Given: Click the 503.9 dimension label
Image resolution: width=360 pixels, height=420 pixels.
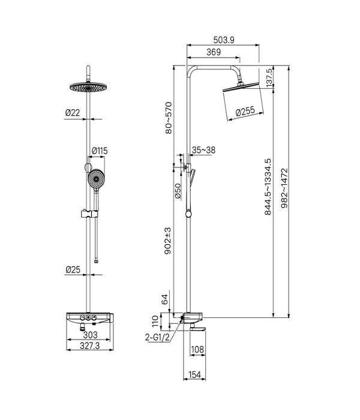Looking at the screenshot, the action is click(x=224, y=40).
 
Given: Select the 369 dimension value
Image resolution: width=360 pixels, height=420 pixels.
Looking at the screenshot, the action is click(x=214, y=52).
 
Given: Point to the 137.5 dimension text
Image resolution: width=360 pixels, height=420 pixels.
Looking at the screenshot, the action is click(x=269, y=77).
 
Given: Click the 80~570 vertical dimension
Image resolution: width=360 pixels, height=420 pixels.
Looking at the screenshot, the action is click(x=169, y=118).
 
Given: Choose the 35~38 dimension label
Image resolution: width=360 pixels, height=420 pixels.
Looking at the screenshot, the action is click(x=203, y=150).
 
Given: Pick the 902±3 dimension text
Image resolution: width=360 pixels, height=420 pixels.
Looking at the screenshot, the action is click(x=167, y=241).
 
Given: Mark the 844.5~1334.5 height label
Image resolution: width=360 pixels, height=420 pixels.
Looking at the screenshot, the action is click(x=268, y=187).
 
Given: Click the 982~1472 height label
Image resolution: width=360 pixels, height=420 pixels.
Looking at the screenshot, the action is click(x=284, y=188).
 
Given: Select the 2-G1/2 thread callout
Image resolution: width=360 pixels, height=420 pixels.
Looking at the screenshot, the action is click(x=157, y=337).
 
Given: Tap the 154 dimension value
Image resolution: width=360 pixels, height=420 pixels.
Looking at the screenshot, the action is click(x=194, y=375).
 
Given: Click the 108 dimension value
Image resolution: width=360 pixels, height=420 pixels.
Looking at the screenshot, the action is click(x=197, y=349).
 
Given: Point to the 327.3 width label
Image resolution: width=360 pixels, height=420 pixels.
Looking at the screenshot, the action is click(x=89, y=346).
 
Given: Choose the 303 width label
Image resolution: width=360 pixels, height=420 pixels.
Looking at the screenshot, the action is click(x=90, y=335).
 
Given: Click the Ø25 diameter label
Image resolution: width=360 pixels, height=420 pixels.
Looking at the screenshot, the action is click(x=73, y=269).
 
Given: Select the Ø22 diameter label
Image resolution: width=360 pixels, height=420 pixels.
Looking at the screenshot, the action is click(x=73, y=113).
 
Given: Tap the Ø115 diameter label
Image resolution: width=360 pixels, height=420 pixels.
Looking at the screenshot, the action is click(x=100, y=151).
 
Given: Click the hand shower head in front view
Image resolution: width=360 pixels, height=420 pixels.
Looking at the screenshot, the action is click(x=96, y=179).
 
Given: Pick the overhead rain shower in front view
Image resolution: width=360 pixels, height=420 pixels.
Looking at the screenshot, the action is click(x=88, y=87).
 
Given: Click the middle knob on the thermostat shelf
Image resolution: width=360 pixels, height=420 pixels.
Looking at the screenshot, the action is click(x=88, y=317).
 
